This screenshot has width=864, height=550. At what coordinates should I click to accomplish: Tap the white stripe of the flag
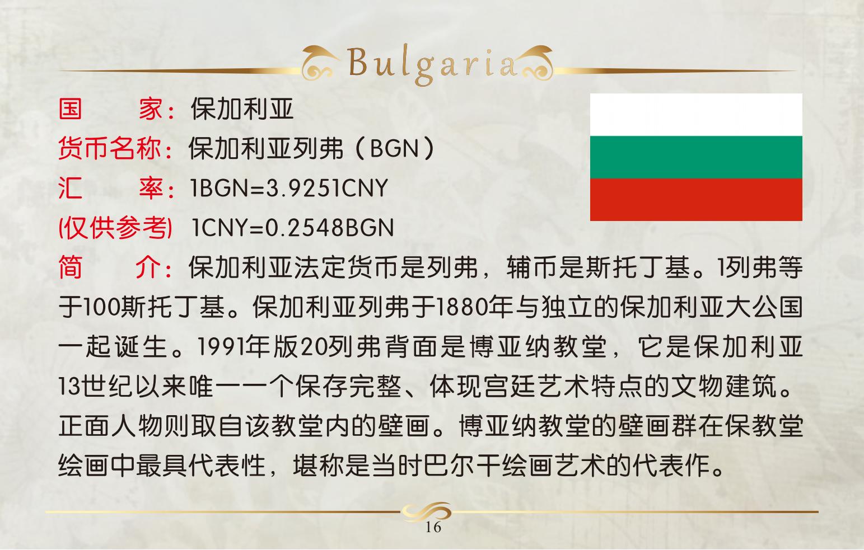pyautogui.click(x=696, y=115)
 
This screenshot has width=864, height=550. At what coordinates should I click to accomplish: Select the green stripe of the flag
pyautogui.click(x=696, y=157)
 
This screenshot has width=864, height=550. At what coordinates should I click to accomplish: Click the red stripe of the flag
pyautogui.click(x=696, y=199)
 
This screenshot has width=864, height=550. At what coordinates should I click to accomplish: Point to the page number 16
pyautogui.click(x=433, y=527)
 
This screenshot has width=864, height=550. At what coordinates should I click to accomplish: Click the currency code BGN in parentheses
pyautogui.click(x=394, y=148)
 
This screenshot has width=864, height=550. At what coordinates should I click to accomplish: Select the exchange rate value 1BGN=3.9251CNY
pyautogui.click(x=289, y=188)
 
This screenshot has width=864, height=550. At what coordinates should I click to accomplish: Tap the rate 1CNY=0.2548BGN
pyautogui.click(x=292, y=227)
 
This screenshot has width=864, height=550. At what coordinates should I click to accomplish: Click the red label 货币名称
pyautogui.click(x=110, y=148)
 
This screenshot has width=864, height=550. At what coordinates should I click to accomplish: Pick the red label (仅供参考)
pyautogui.click(x=115, y=228)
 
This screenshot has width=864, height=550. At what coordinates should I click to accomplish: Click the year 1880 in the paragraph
pyautogui.click(x=460, y=307)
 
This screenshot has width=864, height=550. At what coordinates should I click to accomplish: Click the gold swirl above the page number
pyautogui.click(x=426, y=512)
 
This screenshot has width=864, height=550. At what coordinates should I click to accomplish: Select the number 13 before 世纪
pyautogui.click(x=70, y=386)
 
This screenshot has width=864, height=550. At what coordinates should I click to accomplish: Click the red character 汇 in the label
pyautogui.click(x=71, y=188)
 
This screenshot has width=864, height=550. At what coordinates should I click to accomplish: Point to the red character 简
pyautogui.click(x=71, y=267)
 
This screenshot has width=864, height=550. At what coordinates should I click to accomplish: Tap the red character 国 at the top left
pyautogui.click(x=71, y=109)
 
